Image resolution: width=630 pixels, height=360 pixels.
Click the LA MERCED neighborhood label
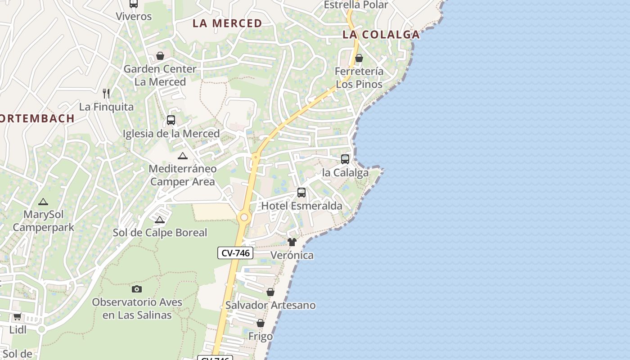(x=227, y=23)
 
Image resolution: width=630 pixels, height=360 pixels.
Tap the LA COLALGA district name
(x=381, y=35)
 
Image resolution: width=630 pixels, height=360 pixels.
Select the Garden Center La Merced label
(x=160, y=75)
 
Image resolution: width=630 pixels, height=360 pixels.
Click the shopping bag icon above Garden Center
(x=160, y=56)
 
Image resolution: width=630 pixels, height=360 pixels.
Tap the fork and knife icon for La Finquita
(x=106, y=94)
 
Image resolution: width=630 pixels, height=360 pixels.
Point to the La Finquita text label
(x=106, y=107)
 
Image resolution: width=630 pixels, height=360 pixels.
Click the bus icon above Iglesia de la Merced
(x=171, y=120)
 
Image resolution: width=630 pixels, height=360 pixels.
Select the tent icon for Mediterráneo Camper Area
(x=182, y=156)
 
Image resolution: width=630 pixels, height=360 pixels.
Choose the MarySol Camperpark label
(x=43, y=220)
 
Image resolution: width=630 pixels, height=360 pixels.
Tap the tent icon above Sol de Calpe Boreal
(x=159, y=220)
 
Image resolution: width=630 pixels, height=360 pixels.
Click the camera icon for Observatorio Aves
(x=137, y=289)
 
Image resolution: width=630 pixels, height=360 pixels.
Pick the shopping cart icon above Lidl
(x=18, y=316)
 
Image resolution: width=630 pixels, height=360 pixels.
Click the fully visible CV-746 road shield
(x=235, y=253)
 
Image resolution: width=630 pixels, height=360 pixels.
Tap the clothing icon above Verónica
(x=292, y=242)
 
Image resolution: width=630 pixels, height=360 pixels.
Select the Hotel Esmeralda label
(x=301, y=206)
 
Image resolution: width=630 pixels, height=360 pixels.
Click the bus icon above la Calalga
(x=345, y=159)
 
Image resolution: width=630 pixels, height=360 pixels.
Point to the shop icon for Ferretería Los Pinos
(x=359, y=58)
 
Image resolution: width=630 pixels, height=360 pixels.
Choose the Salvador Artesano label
(x=270, y=305)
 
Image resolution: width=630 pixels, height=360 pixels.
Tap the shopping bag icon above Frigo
(x=261, y=323)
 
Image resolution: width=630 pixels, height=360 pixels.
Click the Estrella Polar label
(x=355, y=5)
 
